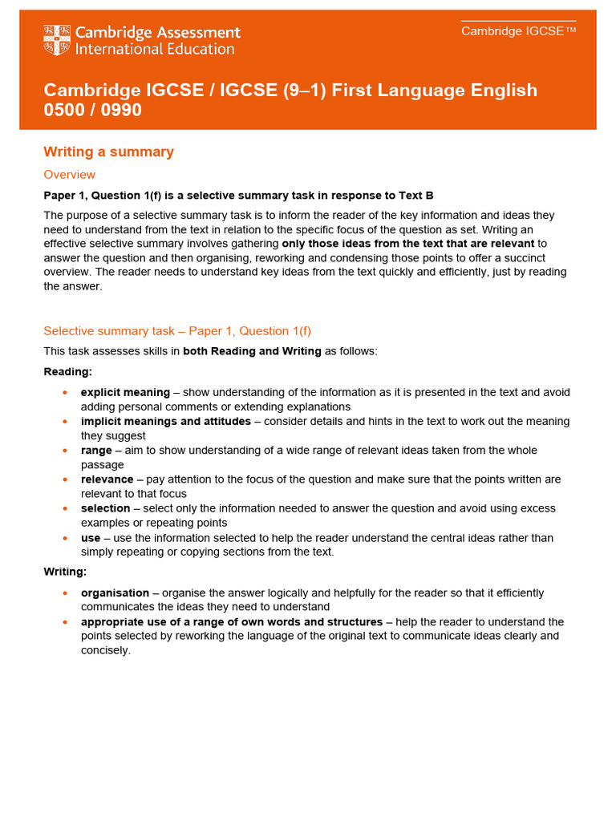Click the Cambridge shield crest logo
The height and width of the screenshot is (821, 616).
click(56, 40)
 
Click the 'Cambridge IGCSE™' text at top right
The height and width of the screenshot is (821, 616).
click(518, 31)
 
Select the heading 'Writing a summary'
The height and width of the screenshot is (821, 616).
click(108, 152)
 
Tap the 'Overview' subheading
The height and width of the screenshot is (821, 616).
click(69, 175)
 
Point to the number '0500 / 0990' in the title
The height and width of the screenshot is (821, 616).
click(92, 110)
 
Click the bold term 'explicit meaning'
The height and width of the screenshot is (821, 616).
click(125, 392)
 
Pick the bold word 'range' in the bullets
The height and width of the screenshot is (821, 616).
click(96, 450)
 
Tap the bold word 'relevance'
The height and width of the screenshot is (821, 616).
click(107, 479)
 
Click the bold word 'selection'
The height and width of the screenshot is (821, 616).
click(105, 508)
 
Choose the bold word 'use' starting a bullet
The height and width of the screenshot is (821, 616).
click(91, 537)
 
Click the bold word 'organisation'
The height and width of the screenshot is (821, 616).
click(115, 592)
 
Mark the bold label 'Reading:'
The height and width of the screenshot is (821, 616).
click(68, 371)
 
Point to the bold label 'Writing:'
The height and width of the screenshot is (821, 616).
click(65, 572)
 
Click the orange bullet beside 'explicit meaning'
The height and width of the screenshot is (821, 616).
click(64, 393)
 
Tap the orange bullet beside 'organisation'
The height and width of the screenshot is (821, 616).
click(64, 593)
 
